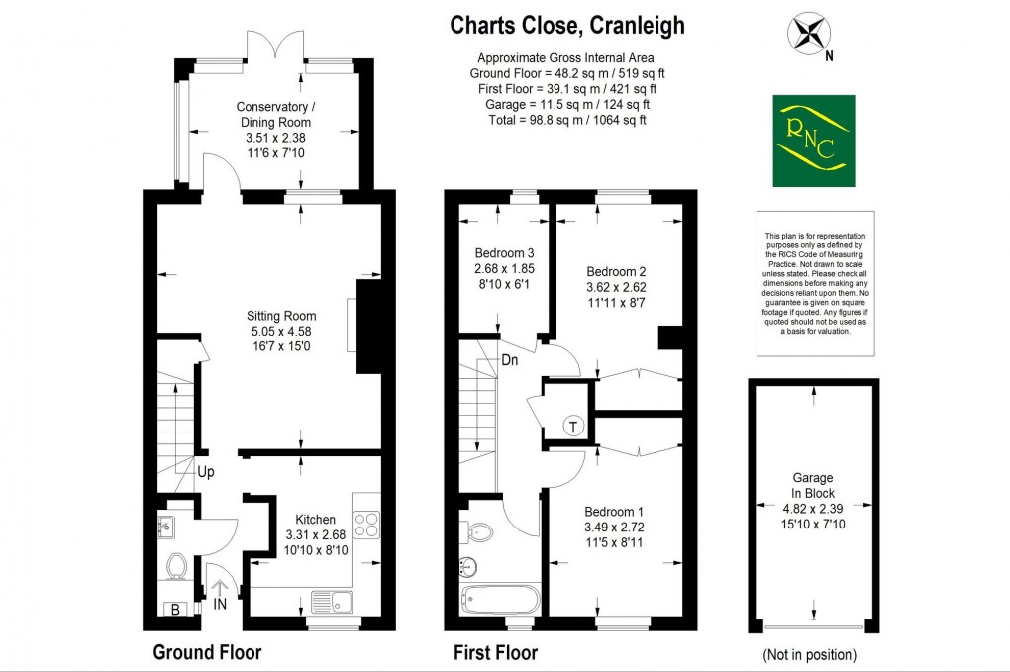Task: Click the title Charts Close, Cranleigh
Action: pyautogui.click(x=567, y=26)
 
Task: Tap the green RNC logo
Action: pyautogui.click(x=813, y=141)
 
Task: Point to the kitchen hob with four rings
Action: pyautogui.click(x=365, y=524)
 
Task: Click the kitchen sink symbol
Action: pyautogui.click(x=329, y=600)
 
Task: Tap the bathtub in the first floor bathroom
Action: pyautogui.click(x=501, y=600)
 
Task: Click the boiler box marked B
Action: pyautogui.click(x=175, y=610)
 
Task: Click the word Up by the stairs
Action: pyautogui.click(x=205, y=472)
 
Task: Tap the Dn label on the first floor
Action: pyautogui.click(x=510, y=359)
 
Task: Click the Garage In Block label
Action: pyautogui.click(x=814, y=485)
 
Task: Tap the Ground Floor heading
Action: pyautogui.click(x=207, y=652)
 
